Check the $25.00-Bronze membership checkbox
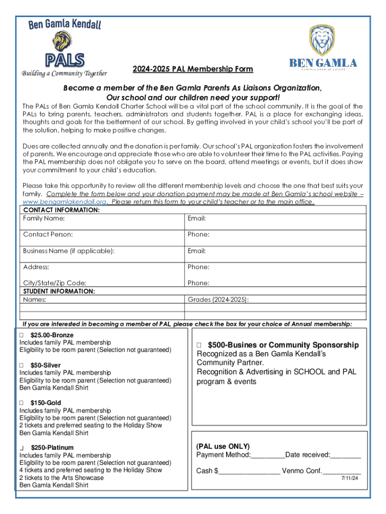pos(22,335)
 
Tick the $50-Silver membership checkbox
pos(22,365)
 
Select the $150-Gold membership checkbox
pos(22,403)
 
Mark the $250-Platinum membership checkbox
pos(22,448)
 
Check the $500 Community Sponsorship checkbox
pos(199,345)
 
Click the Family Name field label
pos(44,218)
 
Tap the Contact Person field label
pos(48,234)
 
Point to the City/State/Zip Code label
pos(55,283)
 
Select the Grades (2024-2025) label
pos(218,300)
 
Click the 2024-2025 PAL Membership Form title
pos(192,69)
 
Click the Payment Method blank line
pos(268,455)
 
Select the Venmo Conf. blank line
pos(341,471)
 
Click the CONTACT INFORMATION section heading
pos(62,210)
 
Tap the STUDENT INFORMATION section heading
pos(60,291)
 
